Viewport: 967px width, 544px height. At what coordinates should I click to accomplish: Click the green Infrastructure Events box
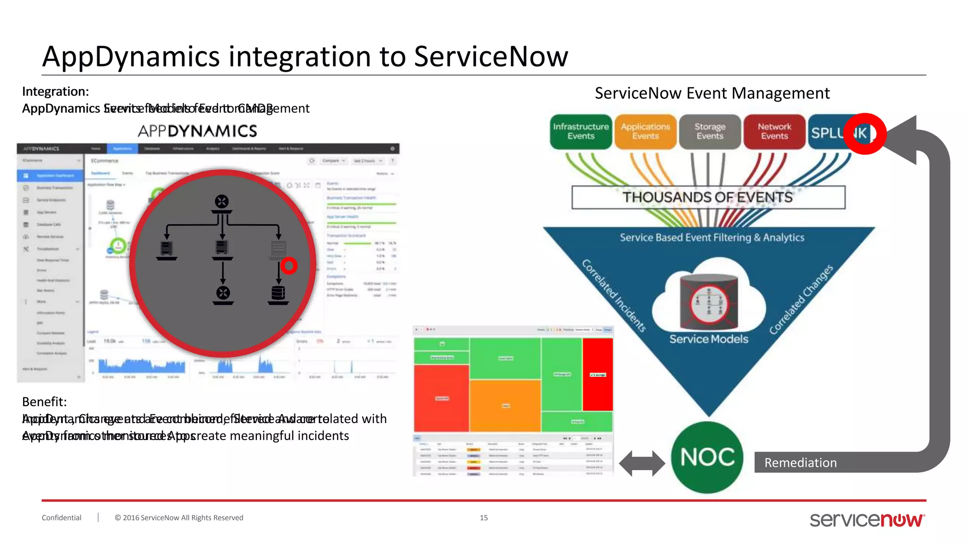coord(580,131)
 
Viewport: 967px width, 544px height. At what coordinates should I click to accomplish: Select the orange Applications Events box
coord(645,131)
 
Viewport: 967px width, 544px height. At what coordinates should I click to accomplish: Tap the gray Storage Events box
coord(710,131)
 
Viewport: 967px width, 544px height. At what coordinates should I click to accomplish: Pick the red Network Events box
coord(774,131)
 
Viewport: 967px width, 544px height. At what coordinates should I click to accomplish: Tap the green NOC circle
coord(707,457)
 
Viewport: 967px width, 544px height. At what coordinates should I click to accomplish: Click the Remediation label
coord(800,463)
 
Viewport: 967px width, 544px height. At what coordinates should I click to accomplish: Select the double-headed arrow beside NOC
coord(642,463)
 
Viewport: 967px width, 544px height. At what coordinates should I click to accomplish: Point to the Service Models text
coord(708,339)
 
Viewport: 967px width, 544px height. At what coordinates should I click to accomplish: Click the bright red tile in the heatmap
coord(598,374)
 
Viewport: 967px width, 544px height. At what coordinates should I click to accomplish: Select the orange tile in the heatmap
coord(505,405)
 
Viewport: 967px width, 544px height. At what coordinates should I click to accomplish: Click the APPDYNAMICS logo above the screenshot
coord(197,131)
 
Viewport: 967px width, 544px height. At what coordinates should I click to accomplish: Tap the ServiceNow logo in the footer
coord(867,519)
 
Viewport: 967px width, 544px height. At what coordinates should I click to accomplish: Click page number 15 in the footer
coord(483,518)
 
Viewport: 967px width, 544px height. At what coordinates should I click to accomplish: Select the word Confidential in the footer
coord(61,518)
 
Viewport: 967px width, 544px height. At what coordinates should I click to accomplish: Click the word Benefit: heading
coord(44,402)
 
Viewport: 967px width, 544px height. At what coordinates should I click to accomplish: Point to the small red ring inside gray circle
coord(289,266)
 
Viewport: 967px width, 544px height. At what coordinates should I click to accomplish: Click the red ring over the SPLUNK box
coord(865,134)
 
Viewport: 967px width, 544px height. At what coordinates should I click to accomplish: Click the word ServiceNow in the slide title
coord(491,57)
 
